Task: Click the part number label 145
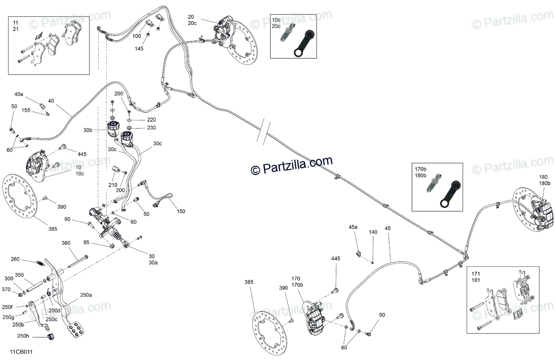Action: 139,48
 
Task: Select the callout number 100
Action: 137,36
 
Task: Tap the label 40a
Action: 19,94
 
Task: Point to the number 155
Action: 25,110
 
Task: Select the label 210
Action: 113,184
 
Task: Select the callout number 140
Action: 373,232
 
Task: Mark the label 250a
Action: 86,295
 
